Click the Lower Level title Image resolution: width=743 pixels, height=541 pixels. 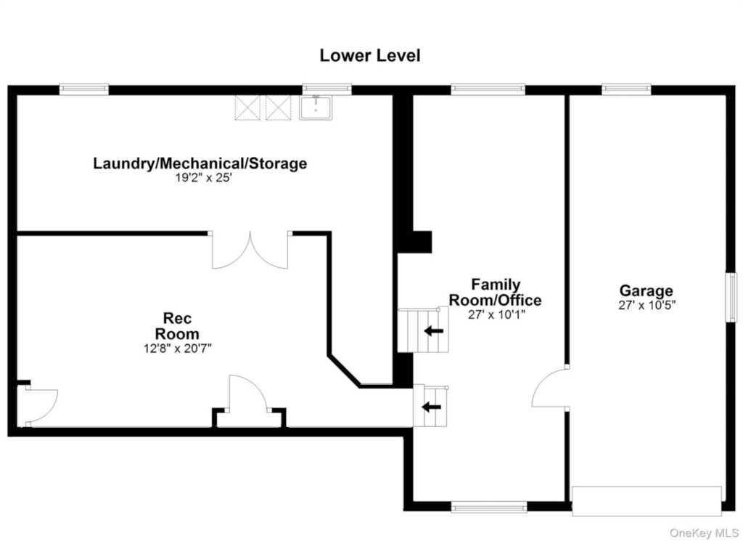369,55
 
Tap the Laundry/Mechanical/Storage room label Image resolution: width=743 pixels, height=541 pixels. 200,163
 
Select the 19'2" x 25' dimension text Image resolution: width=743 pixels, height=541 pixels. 203,179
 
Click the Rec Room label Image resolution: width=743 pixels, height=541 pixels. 177,326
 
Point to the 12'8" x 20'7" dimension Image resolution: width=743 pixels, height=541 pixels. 177,349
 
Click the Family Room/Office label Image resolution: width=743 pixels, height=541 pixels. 495,292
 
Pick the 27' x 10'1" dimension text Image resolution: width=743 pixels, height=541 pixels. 496,314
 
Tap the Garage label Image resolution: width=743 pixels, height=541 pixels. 646,290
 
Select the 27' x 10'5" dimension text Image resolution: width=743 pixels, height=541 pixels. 646,305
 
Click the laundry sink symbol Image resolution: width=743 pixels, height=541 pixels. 316,107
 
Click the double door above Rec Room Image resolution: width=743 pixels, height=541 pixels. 250,250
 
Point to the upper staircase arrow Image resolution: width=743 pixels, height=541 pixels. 434,331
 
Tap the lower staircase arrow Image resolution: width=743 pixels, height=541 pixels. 432,407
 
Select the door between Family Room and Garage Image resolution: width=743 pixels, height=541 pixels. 551,386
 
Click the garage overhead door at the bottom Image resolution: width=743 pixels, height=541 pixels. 646,501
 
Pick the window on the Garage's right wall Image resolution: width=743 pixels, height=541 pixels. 732,297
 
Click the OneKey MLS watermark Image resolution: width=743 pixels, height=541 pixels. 704,534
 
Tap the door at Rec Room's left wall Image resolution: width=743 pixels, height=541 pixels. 38,405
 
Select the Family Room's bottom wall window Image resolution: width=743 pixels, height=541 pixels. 488,508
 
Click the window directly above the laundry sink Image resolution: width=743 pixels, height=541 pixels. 327,89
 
